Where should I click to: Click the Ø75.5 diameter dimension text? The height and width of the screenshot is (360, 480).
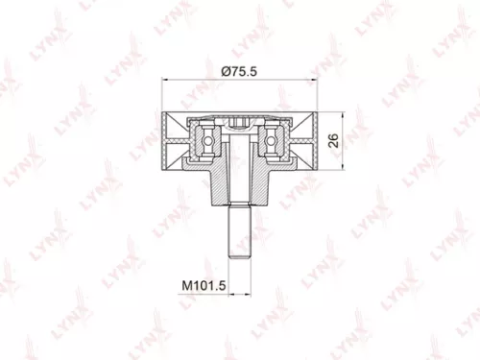(x=240, y=69)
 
